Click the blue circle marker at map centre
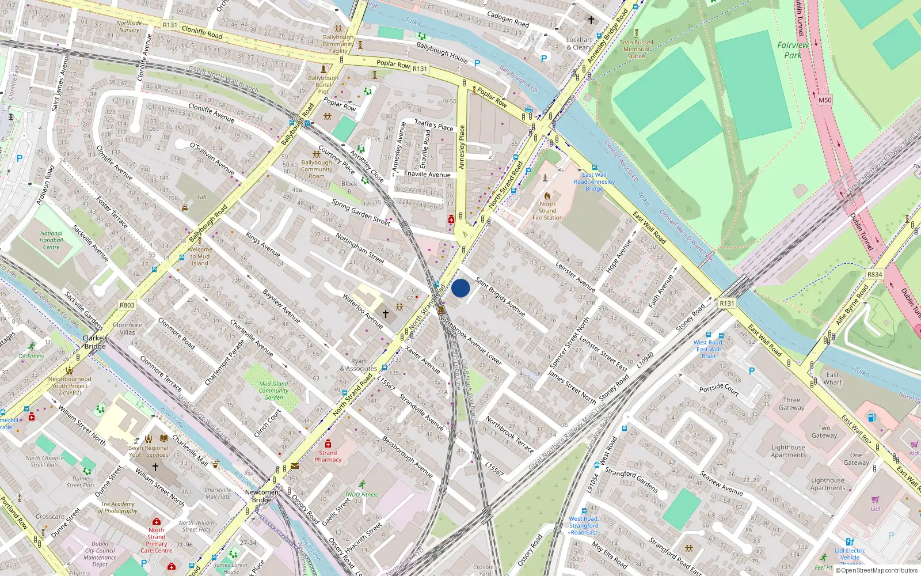pos(461,288)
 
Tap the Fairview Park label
pos(793,50)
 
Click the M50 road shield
pos(825,100)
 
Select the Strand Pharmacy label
pos(328,456)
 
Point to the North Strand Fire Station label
pos(547,211)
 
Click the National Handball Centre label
pos(51,240)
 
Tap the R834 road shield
pos(874,274)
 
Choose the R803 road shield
pos(127,305)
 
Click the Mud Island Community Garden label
pos(273,391)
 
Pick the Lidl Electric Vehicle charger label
pos(850,554)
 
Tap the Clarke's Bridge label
pos(95,342)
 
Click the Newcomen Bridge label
pos(262,496)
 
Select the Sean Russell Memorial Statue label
pos(637,50)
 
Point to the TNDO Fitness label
pos(361,494)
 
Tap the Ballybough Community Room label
pos(317,169)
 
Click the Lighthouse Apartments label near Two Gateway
pos(789,451)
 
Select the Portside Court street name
pos(719,389)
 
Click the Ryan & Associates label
pos(358,365)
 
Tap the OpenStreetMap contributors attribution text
pos(879,571)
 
